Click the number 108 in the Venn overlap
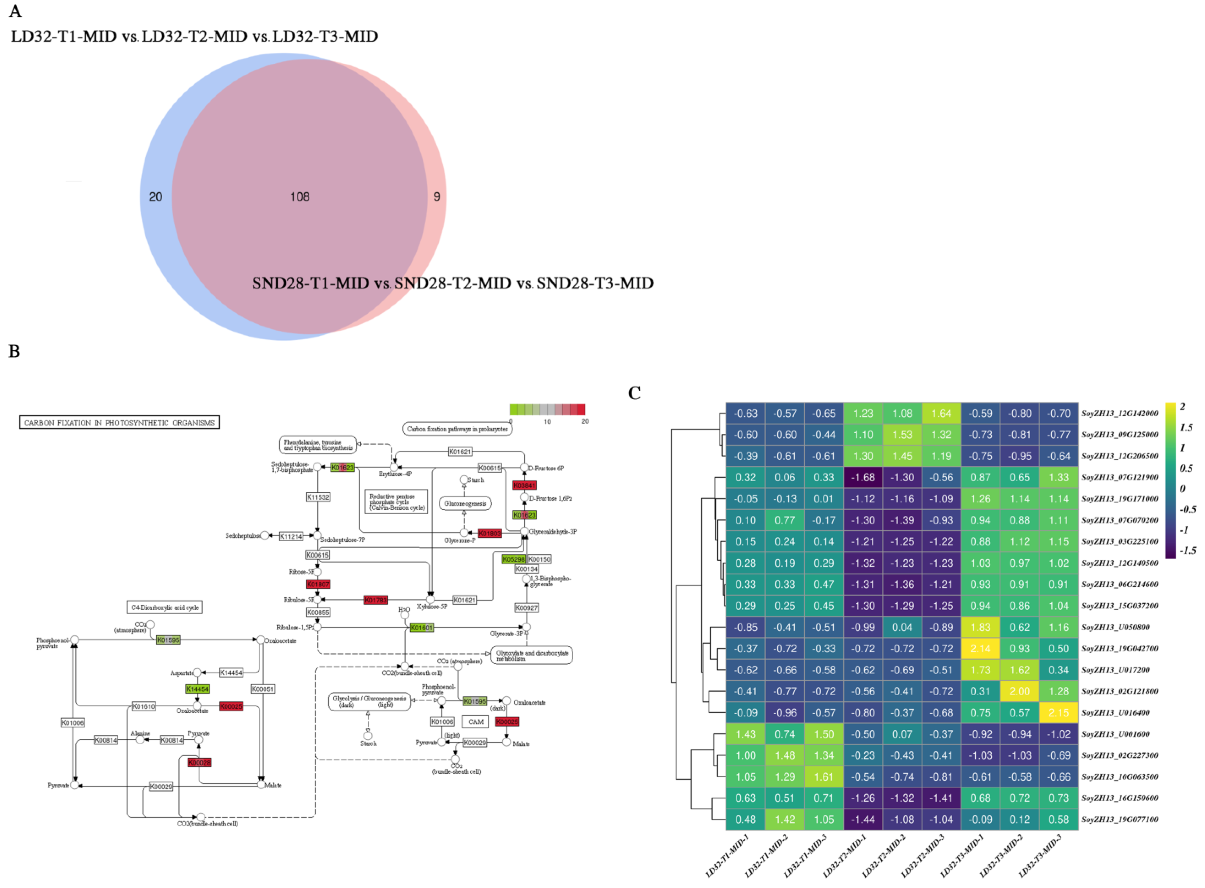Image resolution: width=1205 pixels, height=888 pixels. point(299,197)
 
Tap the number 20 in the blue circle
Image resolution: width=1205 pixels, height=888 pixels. point(156,197)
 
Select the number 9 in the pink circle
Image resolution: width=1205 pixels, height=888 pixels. point(437,197)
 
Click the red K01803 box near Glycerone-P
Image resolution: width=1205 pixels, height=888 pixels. point(489,533)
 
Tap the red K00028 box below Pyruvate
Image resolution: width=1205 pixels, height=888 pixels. point(199,762)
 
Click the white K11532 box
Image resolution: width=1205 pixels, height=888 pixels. point(318,497)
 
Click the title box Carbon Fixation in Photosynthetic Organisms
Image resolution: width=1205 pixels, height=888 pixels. point(119,422)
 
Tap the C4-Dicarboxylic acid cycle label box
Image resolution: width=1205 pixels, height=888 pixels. point(165,607)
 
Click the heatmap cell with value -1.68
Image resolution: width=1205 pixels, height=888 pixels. point(863,477)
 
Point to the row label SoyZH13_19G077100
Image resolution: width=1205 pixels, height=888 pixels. point(1120,819)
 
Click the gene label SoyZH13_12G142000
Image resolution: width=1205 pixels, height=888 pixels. point(1120,413)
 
